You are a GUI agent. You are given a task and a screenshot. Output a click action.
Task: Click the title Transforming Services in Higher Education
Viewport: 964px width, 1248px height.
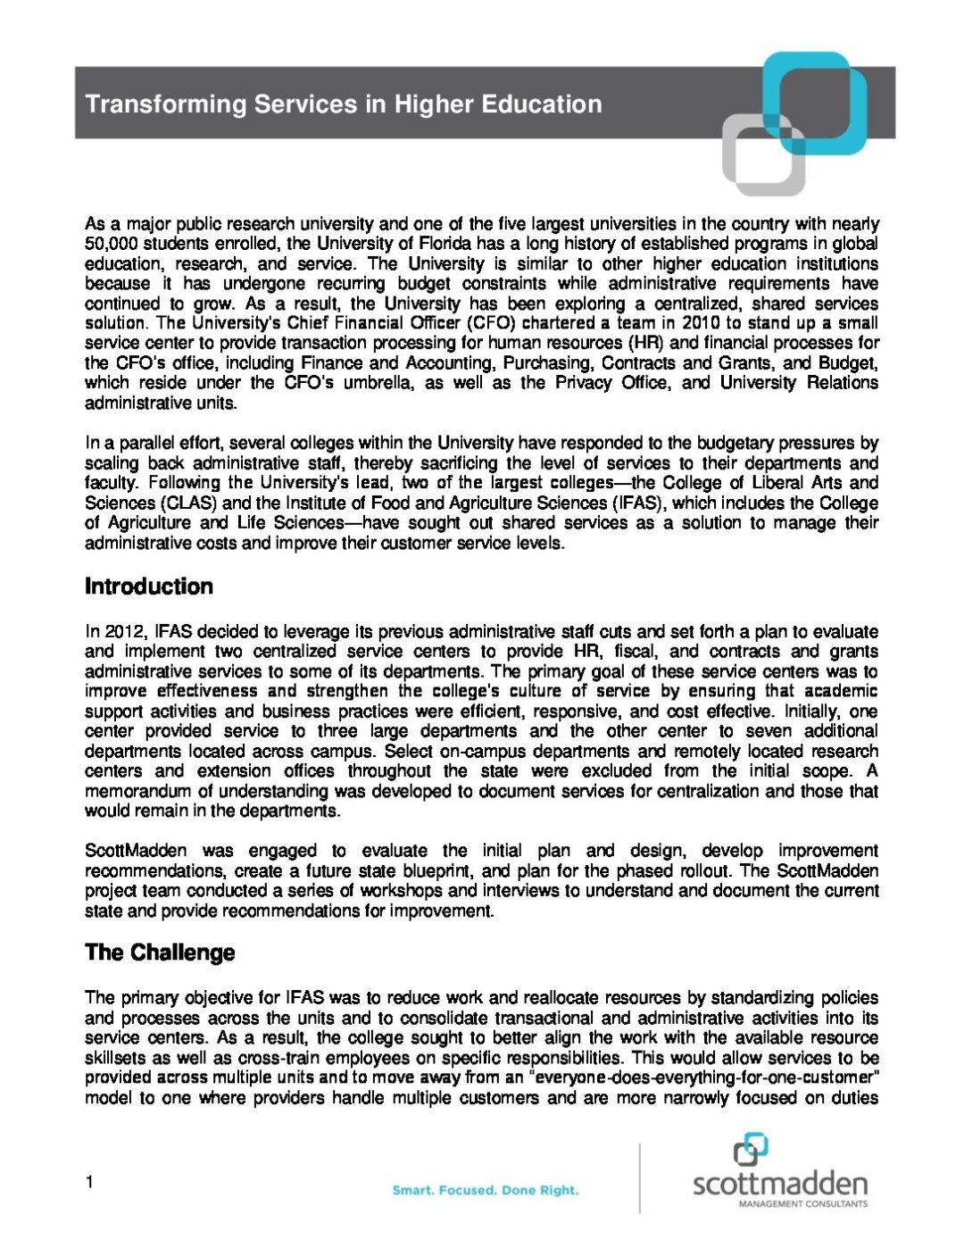pyautogui.click(x=344, y=104)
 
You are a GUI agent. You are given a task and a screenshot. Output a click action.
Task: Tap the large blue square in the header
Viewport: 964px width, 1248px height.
pyautogui.click(x=816, y=100)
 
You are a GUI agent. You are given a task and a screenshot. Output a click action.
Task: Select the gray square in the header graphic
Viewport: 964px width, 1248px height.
pyautogui.click(x=763, y=154)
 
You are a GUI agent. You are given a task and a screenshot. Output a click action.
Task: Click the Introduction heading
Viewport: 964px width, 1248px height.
pyautogui.click(x=149, y=587)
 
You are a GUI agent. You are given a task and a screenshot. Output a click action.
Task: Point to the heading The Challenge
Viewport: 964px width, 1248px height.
pyautogui.click(x=160, y=953)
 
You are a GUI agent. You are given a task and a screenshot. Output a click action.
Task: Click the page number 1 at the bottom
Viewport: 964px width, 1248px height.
pyautogui.click(x=89, y=1183)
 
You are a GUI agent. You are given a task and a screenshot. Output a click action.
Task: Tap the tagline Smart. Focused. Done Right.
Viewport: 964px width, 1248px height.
pyautogui.click(x=486, y=1190)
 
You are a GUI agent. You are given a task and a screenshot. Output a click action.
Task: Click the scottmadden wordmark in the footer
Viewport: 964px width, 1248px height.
pyautogui.click(x=779, y=1184)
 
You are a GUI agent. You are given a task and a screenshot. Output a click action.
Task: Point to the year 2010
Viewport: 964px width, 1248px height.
pyautogui.click(x=699, y=323)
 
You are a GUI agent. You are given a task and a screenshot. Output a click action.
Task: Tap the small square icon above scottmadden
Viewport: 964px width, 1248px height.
pyautogui.click(x=751, y=1150)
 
